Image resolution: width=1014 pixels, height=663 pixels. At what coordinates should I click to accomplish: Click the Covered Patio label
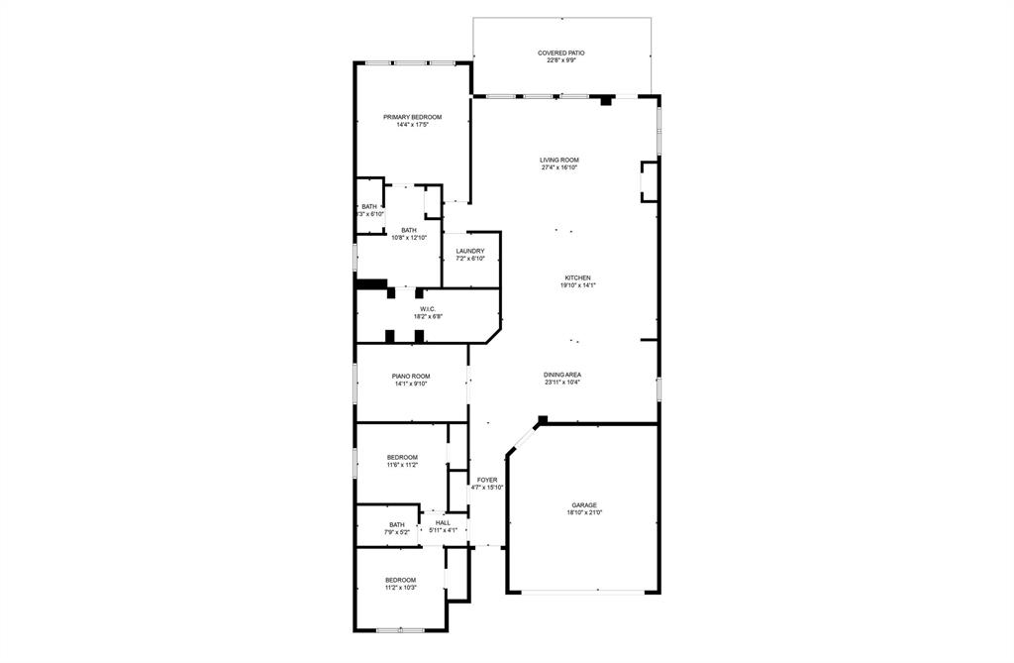click(x=560, y=53)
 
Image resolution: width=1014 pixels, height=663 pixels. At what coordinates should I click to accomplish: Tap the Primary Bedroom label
click(x=412, y=117)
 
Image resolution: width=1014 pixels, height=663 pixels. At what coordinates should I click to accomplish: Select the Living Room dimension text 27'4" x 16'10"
click(x=559, y=167)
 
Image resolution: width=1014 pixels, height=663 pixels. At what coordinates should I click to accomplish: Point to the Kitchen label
click(x=577, y=277)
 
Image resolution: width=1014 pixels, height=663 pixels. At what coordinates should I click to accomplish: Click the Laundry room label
click(x=470, y=251)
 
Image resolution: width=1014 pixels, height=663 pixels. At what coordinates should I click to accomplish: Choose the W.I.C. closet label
click(x=428, y=309)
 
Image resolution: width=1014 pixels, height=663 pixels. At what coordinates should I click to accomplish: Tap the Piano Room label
click(x=411, y=376)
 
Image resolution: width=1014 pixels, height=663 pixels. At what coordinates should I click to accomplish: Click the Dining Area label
click(x=561, y=375)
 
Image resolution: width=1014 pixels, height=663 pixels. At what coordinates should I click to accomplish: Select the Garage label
click(x=583, y=504)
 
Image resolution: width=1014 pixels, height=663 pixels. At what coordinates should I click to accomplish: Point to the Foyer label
click(x=487, y=480)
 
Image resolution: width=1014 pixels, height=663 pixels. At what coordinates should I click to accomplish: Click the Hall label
click(x=443, y=522)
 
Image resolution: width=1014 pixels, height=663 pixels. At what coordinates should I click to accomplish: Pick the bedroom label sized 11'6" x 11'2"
click(x=402, y=457)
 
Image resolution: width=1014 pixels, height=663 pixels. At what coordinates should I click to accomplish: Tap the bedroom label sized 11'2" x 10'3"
click(x=400, y=580)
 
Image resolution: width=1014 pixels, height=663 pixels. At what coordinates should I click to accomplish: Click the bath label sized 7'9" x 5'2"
click(x=396, y=524)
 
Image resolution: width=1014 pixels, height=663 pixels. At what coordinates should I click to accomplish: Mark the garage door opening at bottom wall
click(x=583, y=593)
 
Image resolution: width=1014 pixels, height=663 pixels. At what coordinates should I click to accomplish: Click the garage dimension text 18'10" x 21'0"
click(x=583, y=512)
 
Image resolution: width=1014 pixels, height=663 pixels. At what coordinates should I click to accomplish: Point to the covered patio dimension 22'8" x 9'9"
click(x=560, y=60)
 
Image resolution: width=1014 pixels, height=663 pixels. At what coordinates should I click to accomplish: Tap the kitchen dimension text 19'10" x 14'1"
click(x=577, y=285)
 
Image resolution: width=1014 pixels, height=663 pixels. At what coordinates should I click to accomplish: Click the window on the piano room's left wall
click(x=356, y=382)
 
